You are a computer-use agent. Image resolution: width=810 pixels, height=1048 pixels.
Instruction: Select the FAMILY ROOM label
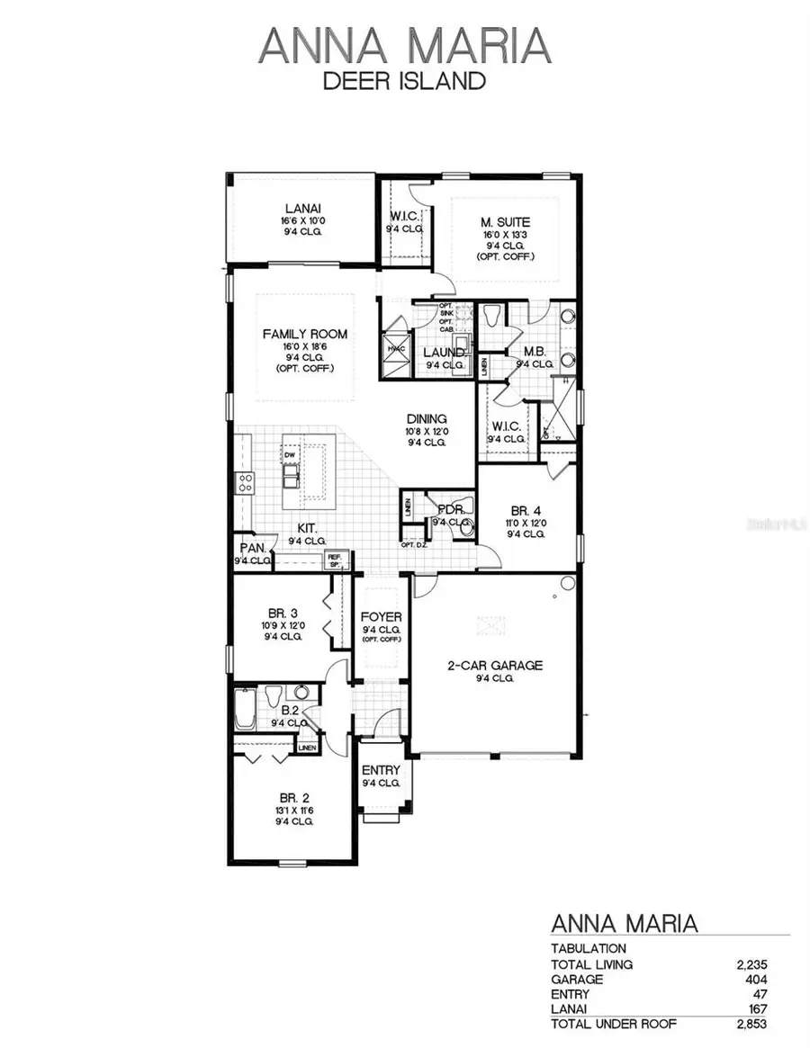(x=304, y=334)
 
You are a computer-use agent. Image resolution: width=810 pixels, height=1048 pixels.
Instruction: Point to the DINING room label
(x=427, y=418)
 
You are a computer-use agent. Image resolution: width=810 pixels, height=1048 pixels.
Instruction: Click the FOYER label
(x=381, y=617)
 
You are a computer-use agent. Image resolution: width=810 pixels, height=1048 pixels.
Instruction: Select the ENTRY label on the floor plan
(x=381, y=771)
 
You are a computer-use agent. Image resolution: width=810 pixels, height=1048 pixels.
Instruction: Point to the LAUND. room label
(x=444, y=353)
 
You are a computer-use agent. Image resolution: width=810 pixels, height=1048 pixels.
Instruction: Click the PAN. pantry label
(x=252, y=548)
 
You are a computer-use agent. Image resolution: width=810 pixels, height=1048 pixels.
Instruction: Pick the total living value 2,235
(x=751, y=964)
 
